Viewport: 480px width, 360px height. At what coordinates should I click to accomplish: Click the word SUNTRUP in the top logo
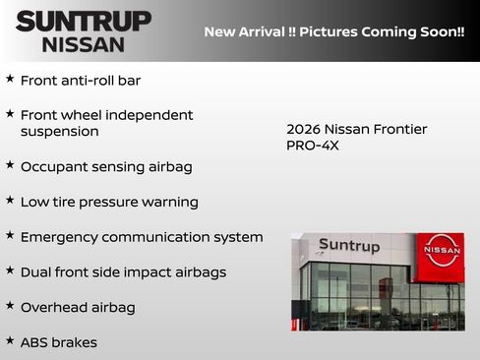coord(84,20)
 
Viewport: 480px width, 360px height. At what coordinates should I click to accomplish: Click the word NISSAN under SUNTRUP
coord(84,43)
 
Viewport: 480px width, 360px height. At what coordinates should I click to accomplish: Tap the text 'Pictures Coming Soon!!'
coord(382,31)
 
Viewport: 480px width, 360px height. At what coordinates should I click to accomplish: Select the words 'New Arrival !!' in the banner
coord(249,31)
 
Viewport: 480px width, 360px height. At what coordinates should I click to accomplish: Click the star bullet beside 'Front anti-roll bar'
coord(10,79)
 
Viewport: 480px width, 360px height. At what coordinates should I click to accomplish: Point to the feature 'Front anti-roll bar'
coord(81,81)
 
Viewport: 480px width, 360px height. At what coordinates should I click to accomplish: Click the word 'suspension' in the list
coord(59,131)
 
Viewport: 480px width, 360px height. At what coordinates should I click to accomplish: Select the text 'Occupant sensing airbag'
coord(106,166)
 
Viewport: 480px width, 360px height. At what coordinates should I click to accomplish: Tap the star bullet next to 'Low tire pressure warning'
coord(10,200)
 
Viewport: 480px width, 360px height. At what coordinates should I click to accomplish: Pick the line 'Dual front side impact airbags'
coord(123,271)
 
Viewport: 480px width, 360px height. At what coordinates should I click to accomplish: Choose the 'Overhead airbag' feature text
coord(78,307)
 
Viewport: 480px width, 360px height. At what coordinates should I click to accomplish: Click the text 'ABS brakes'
coord(58,342)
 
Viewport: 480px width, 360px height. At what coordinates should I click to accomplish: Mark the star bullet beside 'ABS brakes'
coord(10,340)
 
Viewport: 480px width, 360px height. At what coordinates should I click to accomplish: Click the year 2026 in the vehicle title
coord(305,129)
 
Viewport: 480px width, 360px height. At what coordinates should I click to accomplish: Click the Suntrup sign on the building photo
coord(348,246)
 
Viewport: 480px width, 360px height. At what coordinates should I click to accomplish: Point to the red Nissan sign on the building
coord(440,251)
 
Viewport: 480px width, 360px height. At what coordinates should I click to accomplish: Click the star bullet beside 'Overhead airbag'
coord(10,305)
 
